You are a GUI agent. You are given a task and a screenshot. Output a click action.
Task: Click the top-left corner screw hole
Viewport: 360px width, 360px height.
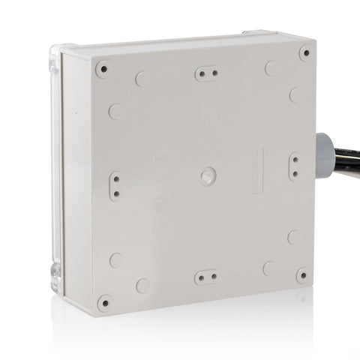click(103, 69)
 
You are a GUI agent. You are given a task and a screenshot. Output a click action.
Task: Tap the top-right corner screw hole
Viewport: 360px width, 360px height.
click(304, 52)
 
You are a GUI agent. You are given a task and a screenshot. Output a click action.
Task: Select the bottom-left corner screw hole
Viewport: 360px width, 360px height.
click(104, 302)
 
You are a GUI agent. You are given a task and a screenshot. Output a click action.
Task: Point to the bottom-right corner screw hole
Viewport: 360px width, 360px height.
click(302, 275)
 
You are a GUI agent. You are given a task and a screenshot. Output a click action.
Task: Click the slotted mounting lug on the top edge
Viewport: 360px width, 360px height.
click(206, 73)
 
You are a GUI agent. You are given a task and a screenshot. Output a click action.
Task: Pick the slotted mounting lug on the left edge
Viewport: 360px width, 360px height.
click(115, 185)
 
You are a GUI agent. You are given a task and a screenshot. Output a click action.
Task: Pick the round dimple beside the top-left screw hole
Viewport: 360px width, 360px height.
click(141, 79)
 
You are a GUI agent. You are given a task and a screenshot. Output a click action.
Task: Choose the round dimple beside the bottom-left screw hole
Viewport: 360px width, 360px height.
click(142, 285)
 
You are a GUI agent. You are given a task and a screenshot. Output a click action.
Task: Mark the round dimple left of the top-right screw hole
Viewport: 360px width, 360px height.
click(270, 68)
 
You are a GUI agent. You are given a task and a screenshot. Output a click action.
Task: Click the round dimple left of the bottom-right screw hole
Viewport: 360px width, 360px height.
click(268, 267)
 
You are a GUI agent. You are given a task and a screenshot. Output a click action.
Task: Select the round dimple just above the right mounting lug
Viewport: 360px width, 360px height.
click(294, 95)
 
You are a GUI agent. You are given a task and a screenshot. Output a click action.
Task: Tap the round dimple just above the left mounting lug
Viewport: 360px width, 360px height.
click(115, 111)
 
